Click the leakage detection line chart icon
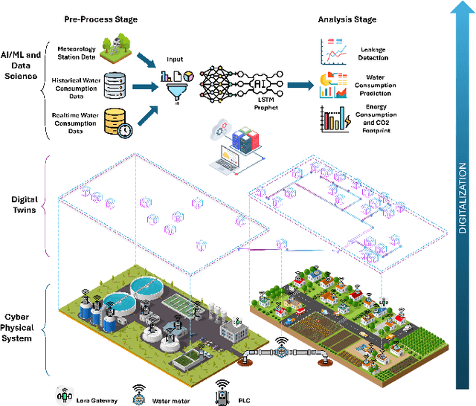point(334,52)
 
